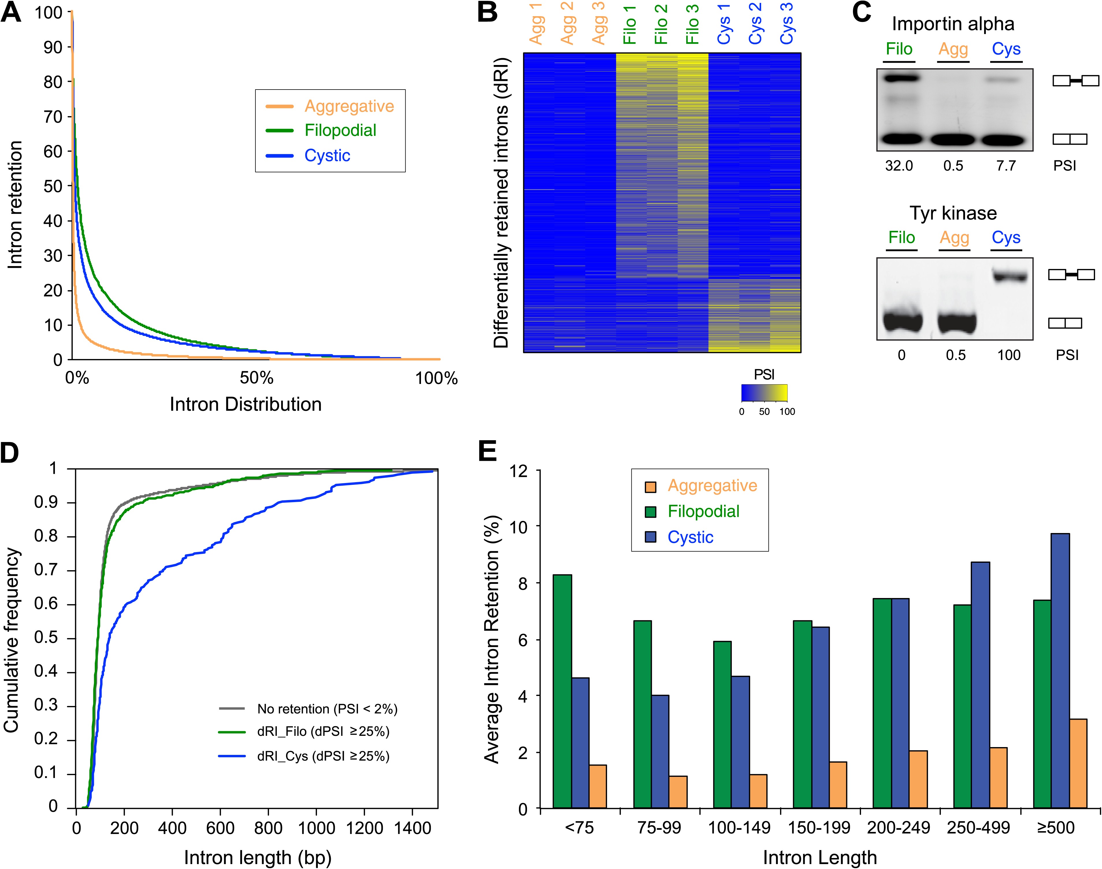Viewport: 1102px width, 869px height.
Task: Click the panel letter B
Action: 487,12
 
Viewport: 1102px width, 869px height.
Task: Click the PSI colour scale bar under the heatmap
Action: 764,393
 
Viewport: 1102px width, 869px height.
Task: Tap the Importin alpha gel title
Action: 952,24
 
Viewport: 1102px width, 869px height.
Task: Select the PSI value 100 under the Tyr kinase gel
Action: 1009,355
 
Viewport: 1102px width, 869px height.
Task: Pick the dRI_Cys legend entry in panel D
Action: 323,757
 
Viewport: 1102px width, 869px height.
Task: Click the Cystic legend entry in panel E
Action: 690,537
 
